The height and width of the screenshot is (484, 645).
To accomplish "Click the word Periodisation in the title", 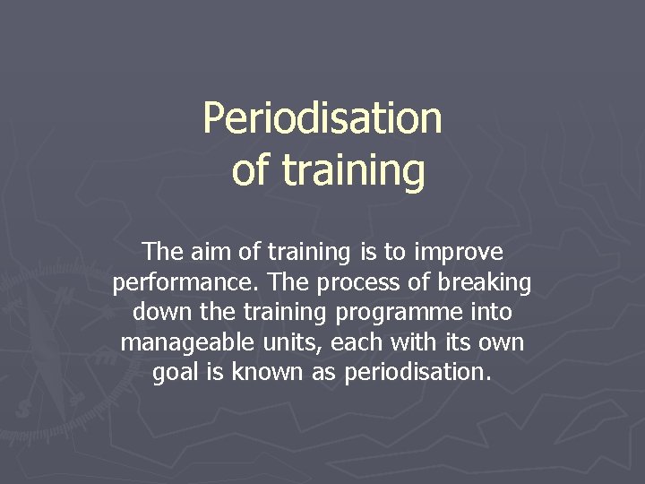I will click(x=322, y=118).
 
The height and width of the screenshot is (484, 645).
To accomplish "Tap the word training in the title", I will click(x=353, y=170).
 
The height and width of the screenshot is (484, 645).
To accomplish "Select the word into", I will click(x=488, y=313).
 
